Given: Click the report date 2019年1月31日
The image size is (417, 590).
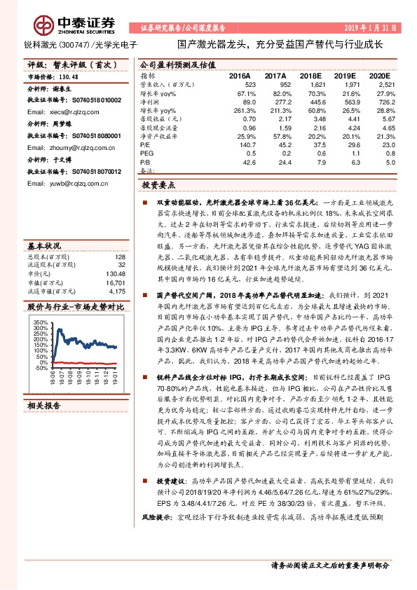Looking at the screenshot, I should pyautogui.click(x=371, y=27).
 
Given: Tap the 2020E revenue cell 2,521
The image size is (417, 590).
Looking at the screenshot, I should pyautogui.click(x=378, y=83).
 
